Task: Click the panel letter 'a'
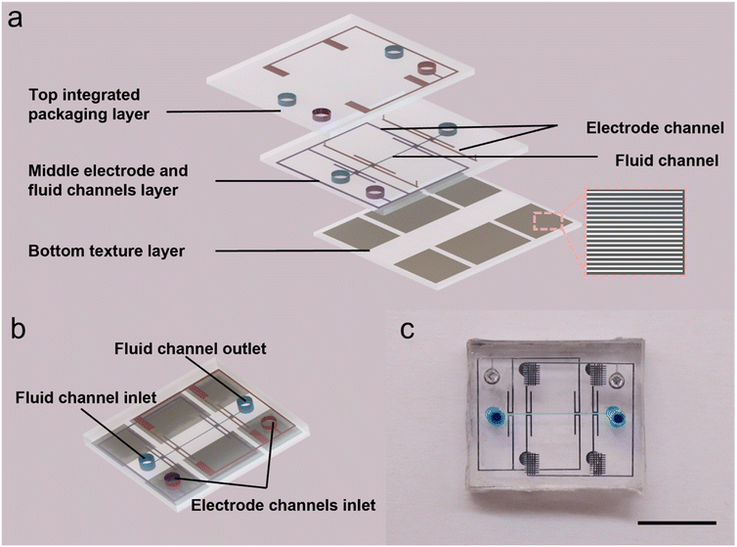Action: click(x=14, y=19)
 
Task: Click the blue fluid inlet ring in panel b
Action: click(x=147, y=460)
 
